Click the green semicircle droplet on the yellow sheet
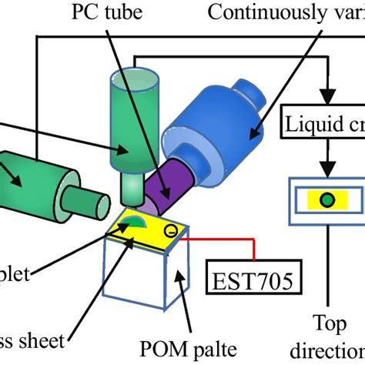pos(133,226)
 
